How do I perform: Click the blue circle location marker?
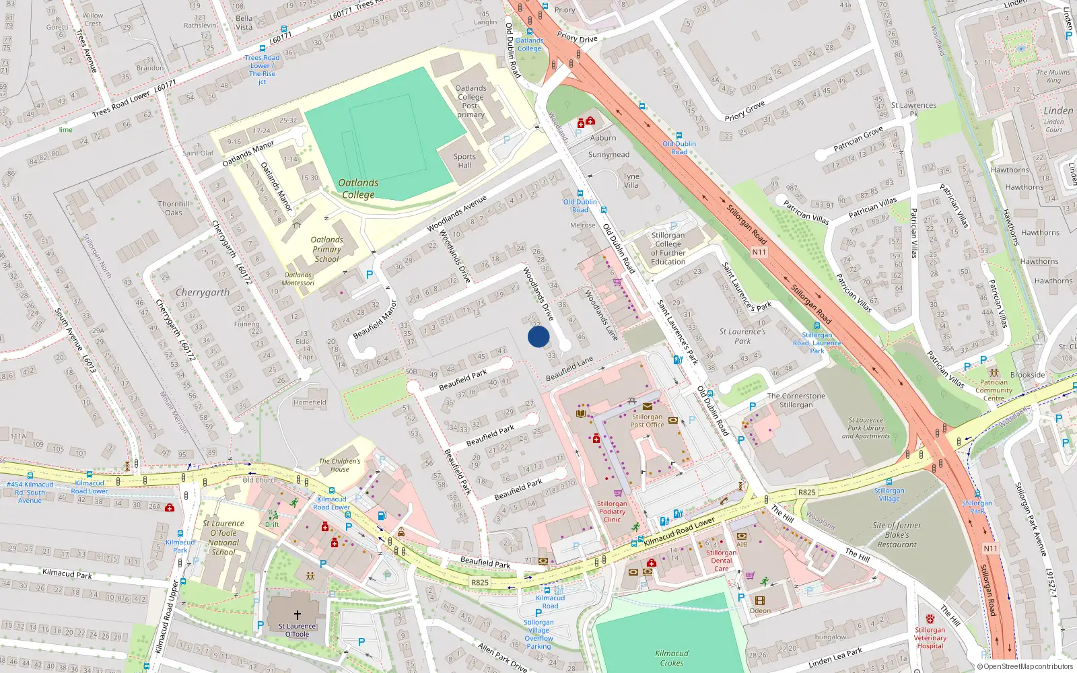(x=538, y=336)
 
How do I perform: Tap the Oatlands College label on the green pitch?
(x=358, y=188)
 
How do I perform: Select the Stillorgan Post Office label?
(x=647, y=421)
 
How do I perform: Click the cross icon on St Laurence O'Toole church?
(x=297, y=615)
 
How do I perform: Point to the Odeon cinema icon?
(x=760, y=600)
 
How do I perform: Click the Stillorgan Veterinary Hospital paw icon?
(x=930, y=619)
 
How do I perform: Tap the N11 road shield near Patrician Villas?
(x=759, y=252)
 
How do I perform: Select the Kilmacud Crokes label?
(x=672, y=658)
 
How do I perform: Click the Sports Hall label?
(x=464, y=161)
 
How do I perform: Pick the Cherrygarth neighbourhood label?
(x=203, y=293)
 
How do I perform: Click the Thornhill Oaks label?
(x=174, y=208)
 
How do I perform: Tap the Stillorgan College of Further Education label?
(x=668, y=248)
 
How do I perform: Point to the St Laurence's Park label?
(x=742, y=336)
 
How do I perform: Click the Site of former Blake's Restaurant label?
(x=897, y=535)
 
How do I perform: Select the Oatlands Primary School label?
(x=326, y=249)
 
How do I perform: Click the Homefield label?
(x=310, y=402)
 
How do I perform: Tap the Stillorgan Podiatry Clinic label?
(x=612, y=511)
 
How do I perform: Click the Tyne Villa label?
(x=631, y=180)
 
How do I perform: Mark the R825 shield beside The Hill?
(x=807, y=493)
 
